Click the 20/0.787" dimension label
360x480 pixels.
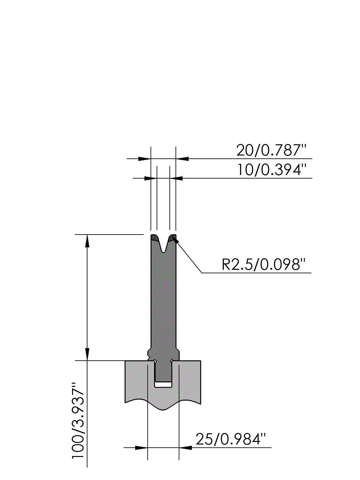click(x=271, y=150)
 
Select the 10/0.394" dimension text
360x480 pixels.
click(x=271, y=170)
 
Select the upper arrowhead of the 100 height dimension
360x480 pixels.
click(x=87, y=241)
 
